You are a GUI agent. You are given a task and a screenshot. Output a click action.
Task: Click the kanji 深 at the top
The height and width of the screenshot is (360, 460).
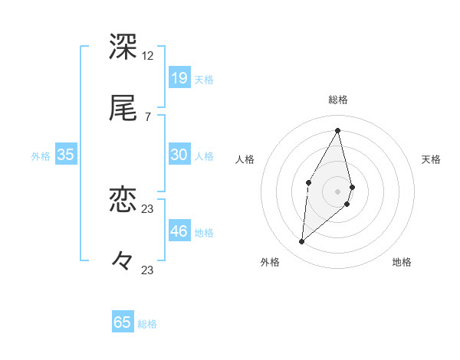click(x=123, y=47)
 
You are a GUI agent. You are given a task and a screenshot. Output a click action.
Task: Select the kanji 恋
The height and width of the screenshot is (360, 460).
click(x=123, y=200)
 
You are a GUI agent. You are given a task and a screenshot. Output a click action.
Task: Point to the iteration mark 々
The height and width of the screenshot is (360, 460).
click(x=123, y=261)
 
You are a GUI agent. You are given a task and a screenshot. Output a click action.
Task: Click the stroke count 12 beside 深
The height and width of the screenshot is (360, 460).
click(x=148, y=55)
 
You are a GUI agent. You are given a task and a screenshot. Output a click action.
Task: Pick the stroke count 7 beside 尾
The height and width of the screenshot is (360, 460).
click(x=148, y=116)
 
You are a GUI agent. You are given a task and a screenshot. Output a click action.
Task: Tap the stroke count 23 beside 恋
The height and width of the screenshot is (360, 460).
click(x=148, y=208)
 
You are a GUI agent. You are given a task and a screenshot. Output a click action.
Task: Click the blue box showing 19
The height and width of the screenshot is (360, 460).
click(x=179, y=77)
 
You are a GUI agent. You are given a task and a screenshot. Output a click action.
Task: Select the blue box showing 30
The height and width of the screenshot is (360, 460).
click(x=179, y=155)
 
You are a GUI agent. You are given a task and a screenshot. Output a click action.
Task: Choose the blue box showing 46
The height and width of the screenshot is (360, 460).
click(x=179, y=231)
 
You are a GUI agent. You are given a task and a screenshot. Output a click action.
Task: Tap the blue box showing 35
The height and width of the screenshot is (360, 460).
click(x=66, y=155)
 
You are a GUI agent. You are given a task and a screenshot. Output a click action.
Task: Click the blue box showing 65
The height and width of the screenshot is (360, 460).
click(x=123, y=322)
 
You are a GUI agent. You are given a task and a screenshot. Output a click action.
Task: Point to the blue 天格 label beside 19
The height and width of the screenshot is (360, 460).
click(x=204, y=79)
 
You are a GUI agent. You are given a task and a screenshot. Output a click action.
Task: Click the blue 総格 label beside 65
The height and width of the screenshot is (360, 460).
click(x=147, y=324)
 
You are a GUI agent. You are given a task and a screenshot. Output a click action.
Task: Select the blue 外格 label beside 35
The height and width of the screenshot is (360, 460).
click(x=41, y=156)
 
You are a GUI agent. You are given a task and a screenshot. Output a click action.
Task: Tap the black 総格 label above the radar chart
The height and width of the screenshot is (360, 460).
click(x=338, y=100)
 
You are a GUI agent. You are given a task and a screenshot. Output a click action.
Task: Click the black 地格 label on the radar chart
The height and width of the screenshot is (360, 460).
click(x=402, y=262)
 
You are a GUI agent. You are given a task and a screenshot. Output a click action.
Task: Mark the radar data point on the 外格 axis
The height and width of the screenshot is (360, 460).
click(x=302, y=242)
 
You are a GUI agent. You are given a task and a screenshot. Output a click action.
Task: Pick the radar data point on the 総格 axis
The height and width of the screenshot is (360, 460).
click(x=338, y=129)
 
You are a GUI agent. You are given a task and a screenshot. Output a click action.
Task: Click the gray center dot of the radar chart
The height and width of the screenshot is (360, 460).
click(x=338, y=191)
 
